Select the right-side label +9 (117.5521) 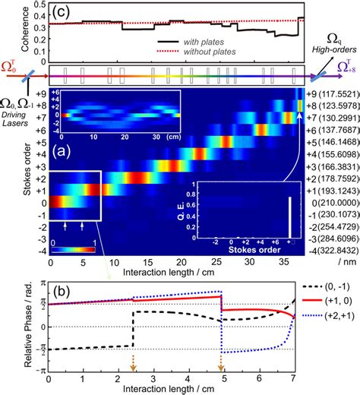point(330,96)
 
